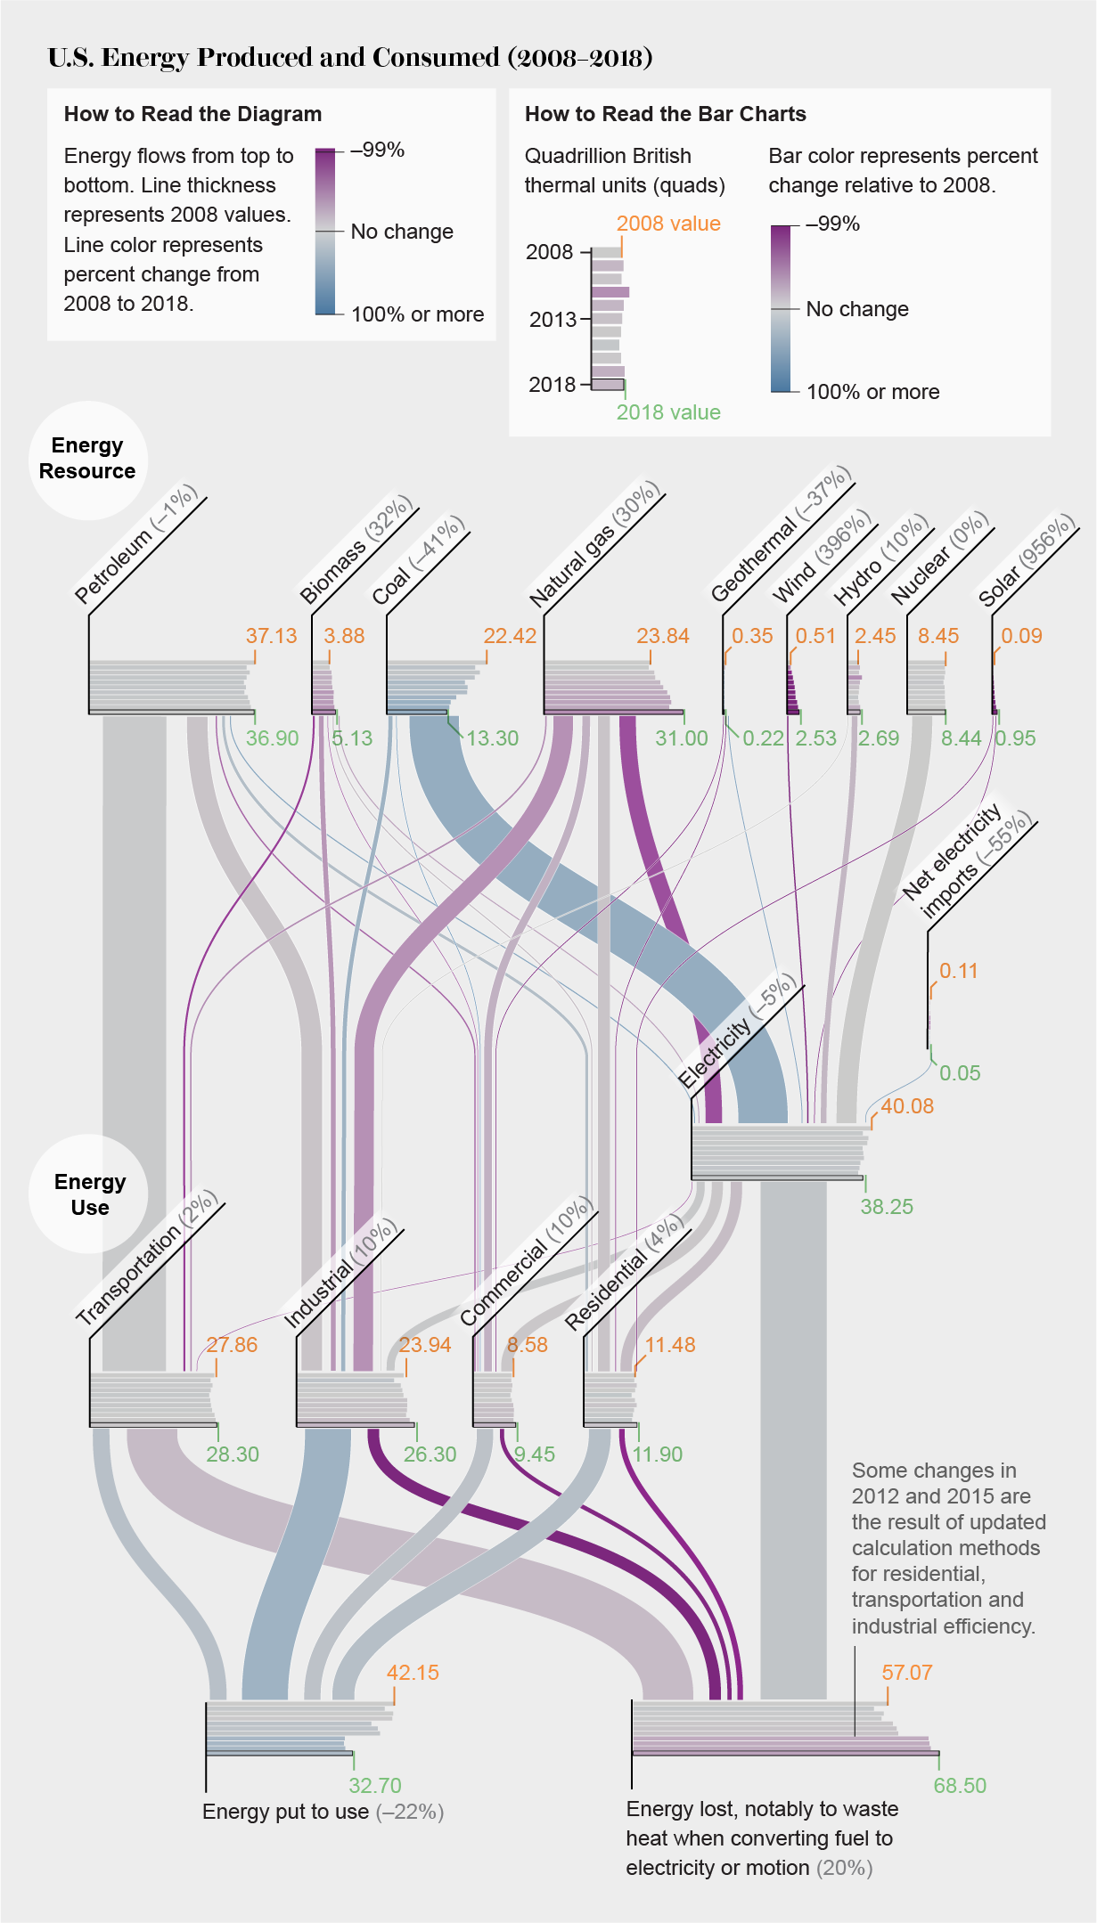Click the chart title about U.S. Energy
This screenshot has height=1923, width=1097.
click(x=350, y=58)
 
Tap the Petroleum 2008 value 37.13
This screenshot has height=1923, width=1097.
click(x=271, y=636)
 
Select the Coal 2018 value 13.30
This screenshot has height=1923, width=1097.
click(x=492, y=738)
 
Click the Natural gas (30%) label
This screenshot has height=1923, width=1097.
click(x=594, y=544)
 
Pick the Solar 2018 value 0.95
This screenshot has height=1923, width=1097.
click(x=1016, y=738)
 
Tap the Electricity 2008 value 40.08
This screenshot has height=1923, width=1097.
click(x=907, y=1106)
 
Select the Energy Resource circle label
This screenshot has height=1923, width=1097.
click(x=87, y=459)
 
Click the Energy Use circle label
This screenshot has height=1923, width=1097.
click(x=89, y=1194)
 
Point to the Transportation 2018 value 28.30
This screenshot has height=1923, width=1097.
click(x=233, y=1454)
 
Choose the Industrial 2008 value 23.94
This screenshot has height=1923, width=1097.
click(x=425, y=1345)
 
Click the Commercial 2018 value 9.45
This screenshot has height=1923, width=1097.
click(x=535, y=1454)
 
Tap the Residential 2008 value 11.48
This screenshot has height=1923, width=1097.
click(x=669, y=1345)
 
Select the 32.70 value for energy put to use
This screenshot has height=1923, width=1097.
click(x=374, y=1786)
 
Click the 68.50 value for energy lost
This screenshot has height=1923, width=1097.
click(x=960, y=1786)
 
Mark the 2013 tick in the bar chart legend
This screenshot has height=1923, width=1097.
click(x=553, y=319)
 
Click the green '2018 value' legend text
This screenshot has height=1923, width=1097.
click(x=668, y=412)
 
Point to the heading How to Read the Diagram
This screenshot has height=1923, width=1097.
click(x=192, y=114)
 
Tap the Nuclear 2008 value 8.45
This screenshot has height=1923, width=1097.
click(x=938, y=636)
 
